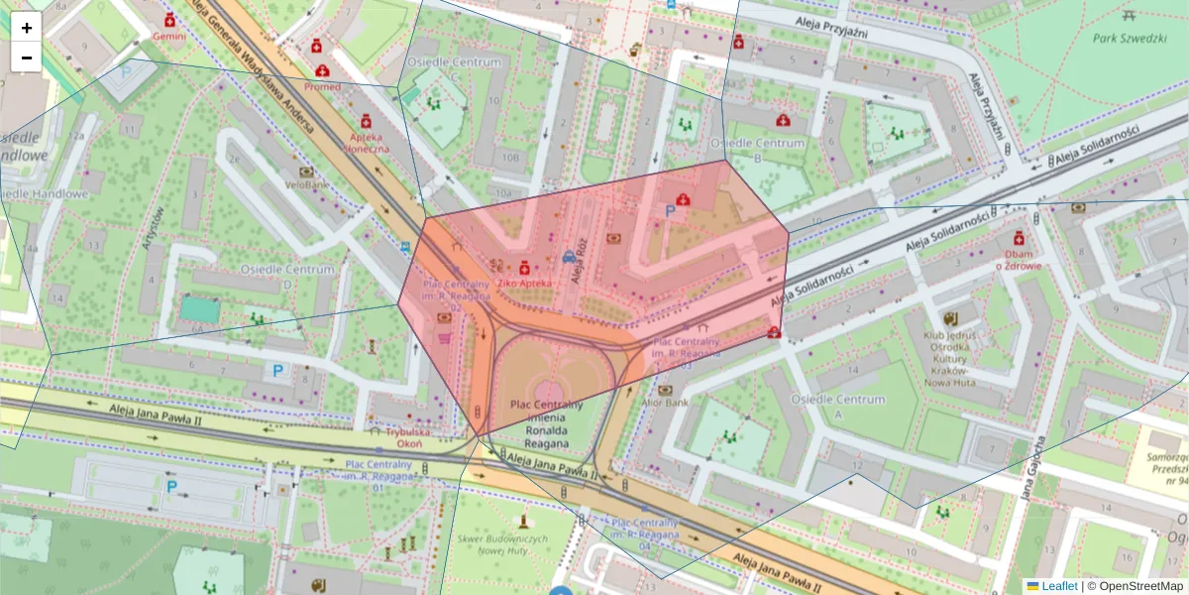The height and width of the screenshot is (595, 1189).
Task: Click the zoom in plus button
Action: click(27, 28)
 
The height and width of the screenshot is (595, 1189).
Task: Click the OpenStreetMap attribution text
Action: click(1135, 586)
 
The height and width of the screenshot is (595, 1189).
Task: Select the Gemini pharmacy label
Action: click(168, 35)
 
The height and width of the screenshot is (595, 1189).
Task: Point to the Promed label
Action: click(322, 86)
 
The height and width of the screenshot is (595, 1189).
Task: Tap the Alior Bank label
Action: click(665, 403)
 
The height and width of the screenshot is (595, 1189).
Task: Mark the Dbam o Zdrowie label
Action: click(1019, 259)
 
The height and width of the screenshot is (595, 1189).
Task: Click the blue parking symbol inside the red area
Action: click(669, 211)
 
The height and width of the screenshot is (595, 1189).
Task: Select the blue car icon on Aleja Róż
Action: click(569, 257)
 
